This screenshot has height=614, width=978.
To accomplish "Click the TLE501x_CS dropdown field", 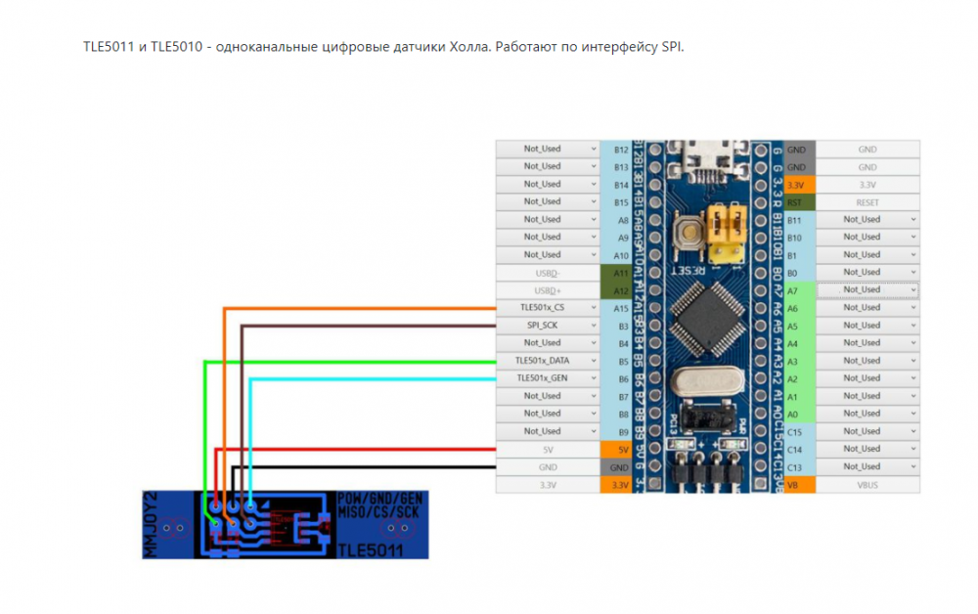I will tap(548, 307).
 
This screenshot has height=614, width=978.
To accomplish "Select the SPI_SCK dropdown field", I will tap(548, 325).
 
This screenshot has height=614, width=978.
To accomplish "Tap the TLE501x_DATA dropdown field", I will tap(548, 361).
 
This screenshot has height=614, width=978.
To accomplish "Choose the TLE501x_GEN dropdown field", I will tap(548, 378).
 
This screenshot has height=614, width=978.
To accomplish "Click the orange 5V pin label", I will tap(620, 449).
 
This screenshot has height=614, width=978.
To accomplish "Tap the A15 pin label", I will tap(620, 307).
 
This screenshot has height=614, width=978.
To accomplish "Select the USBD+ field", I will tap(548, 289).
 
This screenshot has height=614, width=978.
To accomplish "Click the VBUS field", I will tap(867, 484).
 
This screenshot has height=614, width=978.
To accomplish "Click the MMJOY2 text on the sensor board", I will tap(151, 524).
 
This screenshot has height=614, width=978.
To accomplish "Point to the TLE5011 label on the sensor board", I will tap(371, 551).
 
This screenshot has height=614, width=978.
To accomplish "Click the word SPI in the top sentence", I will tap(671, 47).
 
